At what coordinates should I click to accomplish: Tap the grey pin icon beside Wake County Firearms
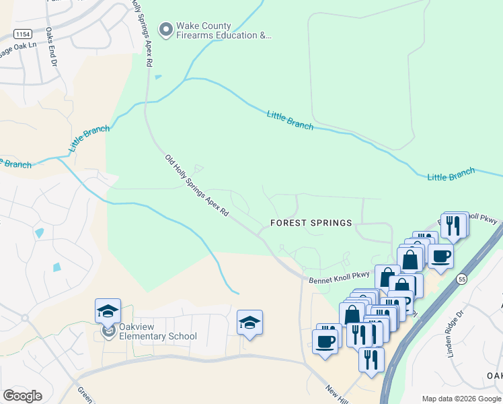pyautogui.click(x=165, y=30)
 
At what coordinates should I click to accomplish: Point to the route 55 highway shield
pyautogui.click(x=461, y=279)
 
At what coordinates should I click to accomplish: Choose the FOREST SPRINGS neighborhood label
pyautogui.click(x=311, y=223)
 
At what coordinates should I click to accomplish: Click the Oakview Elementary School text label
pyautogui.click(x=157, y=332)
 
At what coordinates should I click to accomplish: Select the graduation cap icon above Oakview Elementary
pyautogui.click(x=108, y=312)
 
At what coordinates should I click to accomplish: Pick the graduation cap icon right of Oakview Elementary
pyautogui.click(x=249, y=323)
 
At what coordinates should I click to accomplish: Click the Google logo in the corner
pyautogui.click(x=22, y=396)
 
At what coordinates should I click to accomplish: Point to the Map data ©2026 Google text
pyautogui.click(x=461, y=399)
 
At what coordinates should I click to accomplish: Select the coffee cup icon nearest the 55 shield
pyautogui.click(x=440, y=257)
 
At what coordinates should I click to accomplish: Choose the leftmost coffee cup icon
pyautogui.click(x=325, y=340)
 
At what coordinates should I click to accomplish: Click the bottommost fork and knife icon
pyautogui.click(x=371, y=359)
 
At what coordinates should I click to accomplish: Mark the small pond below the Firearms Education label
pyautogui.click(x=157, y=77)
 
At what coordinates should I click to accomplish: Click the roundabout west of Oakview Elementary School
pyautogui.click(x=24, y=318)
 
